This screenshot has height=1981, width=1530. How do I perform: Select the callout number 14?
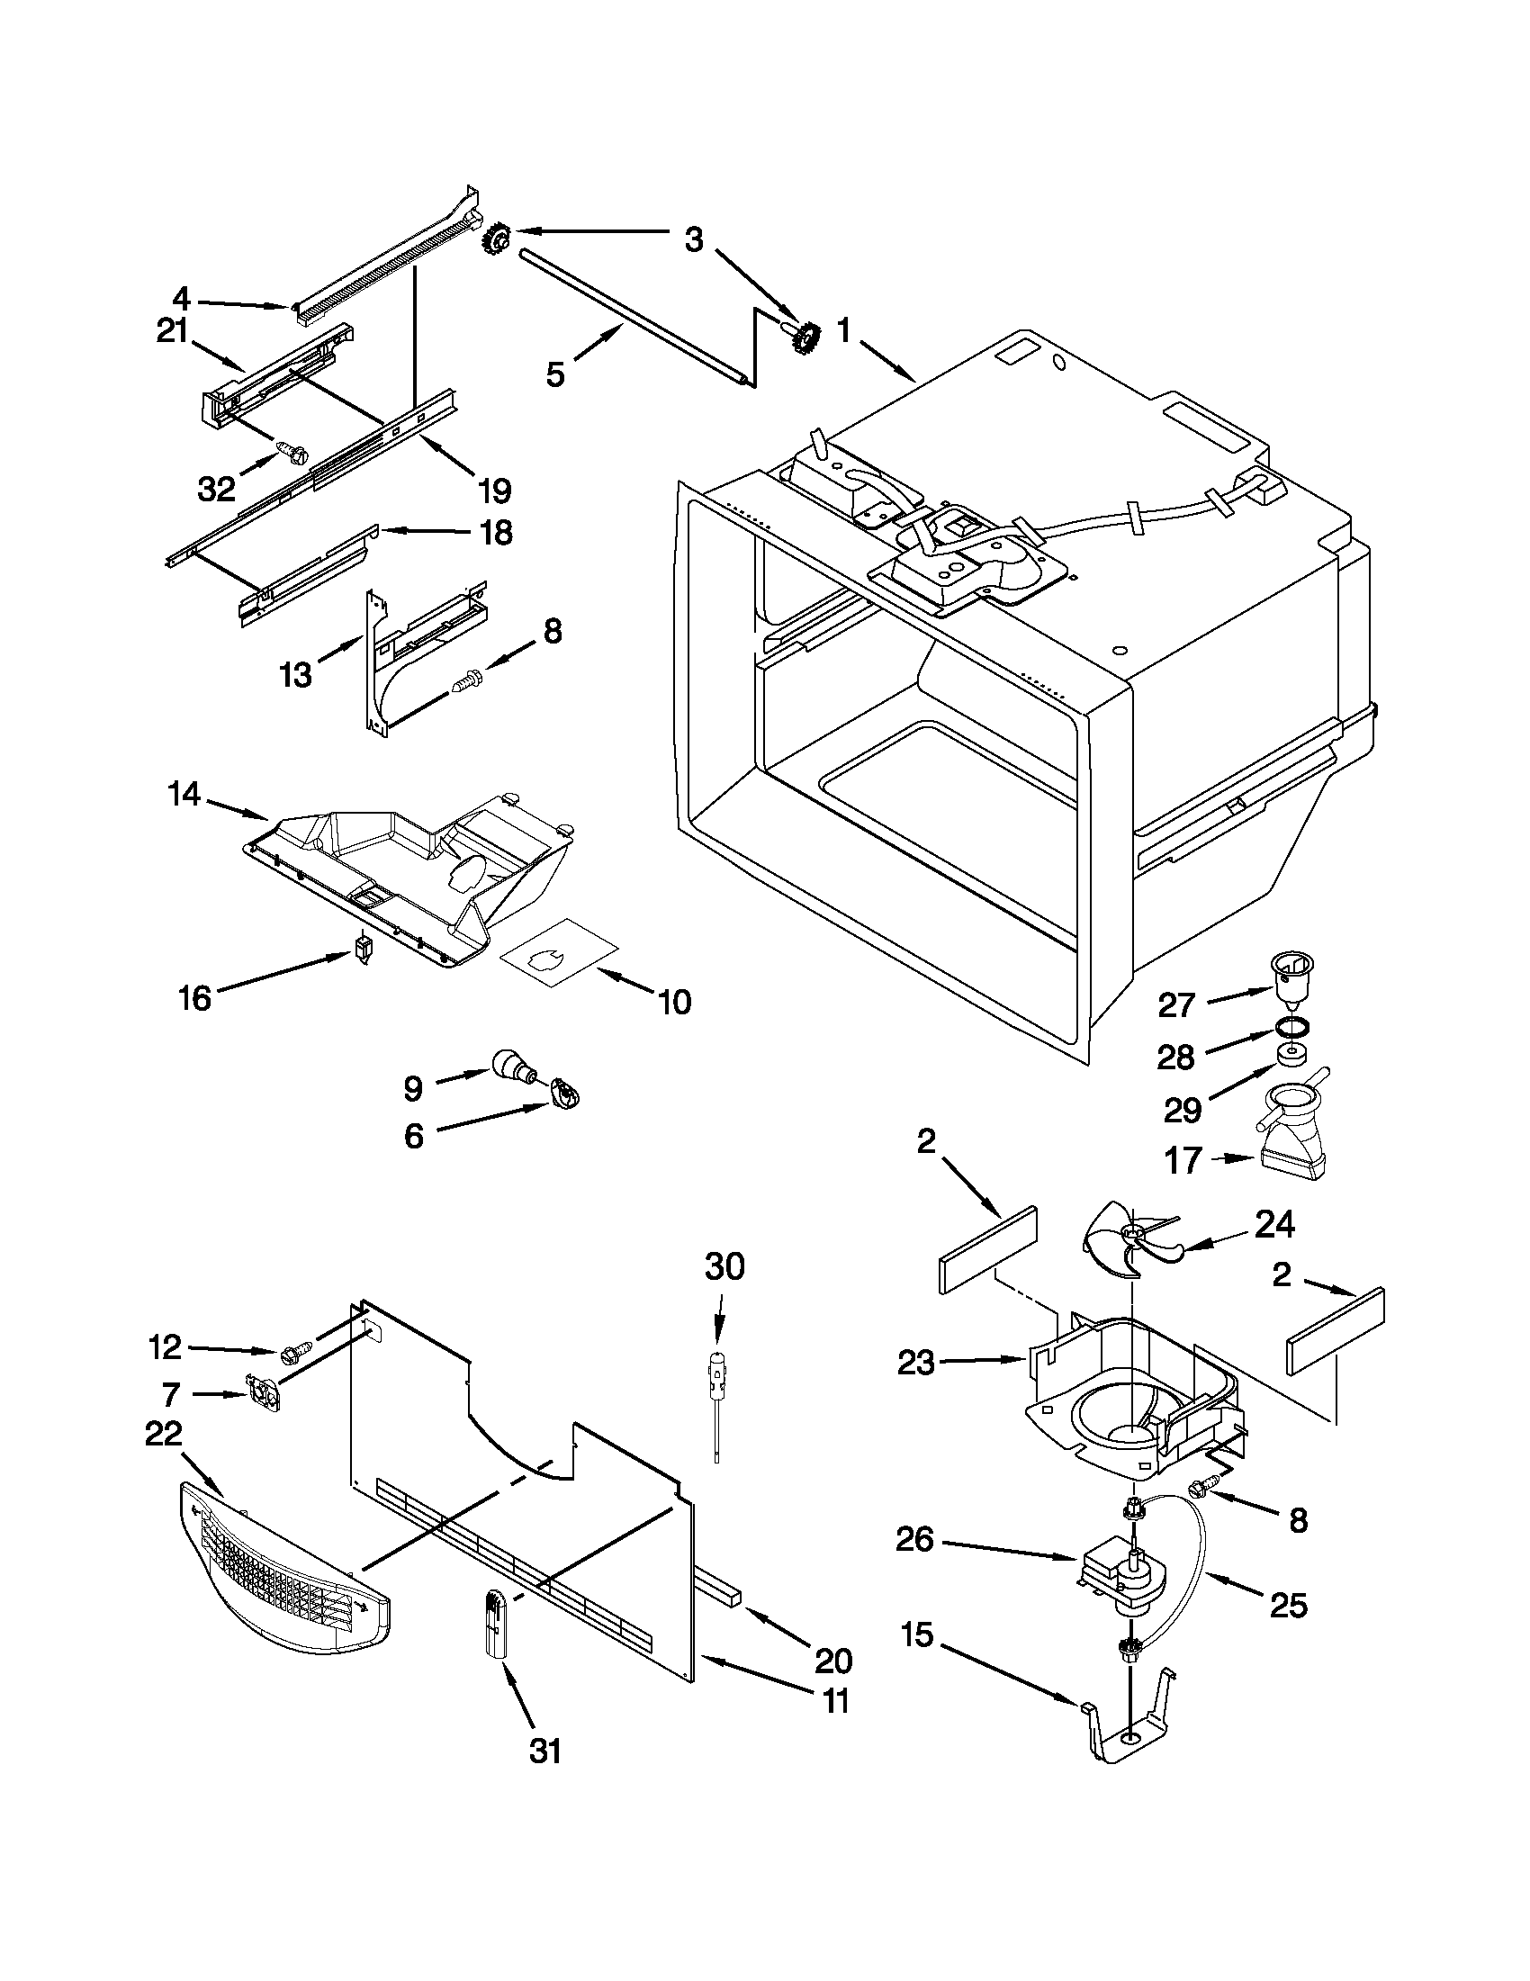[x=184, y=795]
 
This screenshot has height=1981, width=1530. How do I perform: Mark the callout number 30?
[x=724, y=1266]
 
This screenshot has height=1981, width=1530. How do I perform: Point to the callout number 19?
[x=495, y=491]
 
